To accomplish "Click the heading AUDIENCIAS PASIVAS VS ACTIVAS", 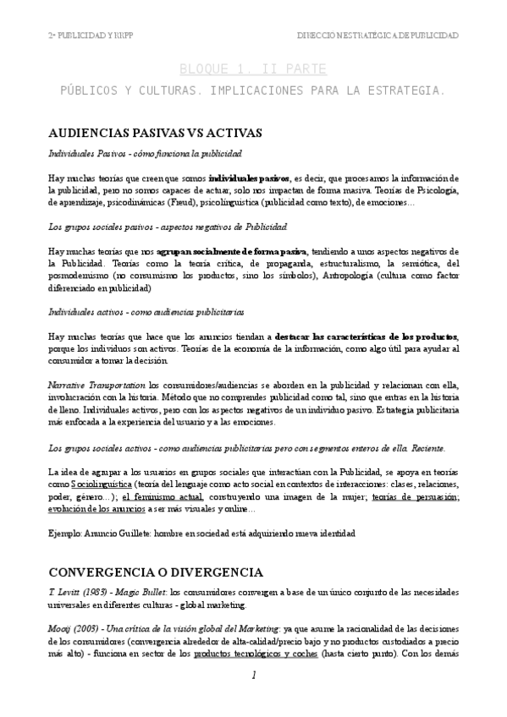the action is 156,133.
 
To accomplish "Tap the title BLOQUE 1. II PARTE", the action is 252,68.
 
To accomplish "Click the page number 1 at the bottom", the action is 253,675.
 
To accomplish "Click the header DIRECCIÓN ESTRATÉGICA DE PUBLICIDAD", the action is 377,36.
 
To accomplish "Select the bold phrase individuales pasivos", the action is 249,179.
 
